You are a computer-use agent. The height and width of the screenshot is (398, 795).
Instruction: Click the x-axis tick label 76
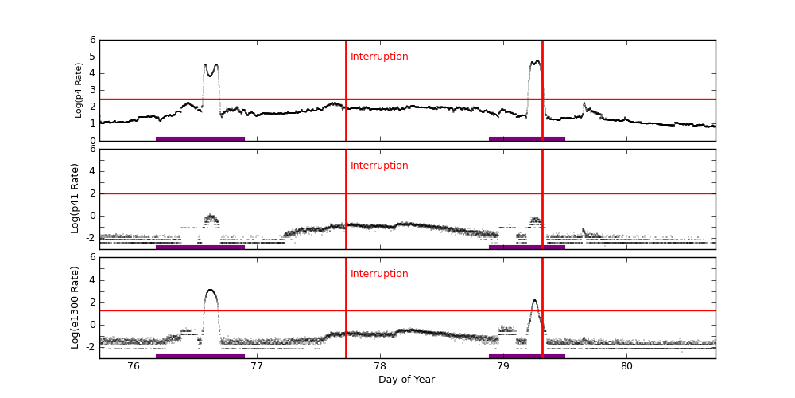point(134,366)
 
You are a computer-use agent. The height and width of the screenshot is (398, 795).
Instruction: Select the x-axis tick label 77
point(257,366)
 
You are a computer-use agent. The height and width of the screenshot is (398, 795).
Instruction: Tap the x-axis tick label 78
point(380,366)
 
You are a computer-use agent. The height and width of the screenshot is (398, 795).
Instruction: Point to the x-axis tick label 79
point(503,366)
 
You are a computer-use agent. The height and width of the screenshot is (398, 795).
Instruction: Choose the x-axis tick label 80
point(626,366)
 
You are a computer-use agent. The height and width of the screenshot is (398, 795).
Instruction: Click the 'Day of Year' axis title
point(406,380)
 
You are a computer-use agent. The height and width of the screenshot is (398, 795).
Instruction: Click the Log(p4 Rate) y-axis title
point(79,90)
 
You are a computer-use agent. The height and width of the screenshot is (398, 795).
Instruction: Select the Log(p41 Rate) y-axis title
point(76,198)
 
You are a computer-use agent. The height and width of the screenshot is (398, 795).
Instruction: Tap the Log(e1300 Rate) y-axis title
point(76,307)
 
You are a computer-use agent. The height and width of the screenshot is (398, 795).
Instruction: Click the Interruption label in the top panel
point(379,57)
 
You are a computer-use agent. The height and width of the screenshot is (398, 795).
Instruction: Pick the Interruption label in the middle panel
point(379,166)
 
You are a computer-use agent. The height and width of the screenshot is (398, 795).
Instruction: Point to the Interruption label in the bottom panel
point(379,274)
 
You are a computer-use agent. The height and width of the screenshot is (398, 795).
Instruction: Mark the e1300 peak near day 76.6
point(211,291)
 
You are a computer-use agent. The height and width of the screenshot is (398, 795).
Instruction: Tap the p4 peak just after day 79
point(536,62)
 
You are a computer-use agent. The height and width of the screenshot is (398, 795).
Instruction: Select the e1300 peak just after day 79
point(534,302)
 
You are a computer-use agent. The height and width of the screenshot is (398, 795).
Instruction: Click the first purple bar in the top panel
point(200,139)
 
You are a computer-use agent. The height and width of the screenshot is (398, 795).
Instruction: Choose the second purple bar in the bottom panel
point(527,356)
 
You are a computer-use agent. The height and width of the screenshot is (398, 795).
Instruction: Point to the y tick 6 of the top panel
point(92,40)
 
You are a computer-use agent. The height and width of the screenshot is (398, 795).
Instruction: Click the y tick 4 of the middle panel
point(92,171)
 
